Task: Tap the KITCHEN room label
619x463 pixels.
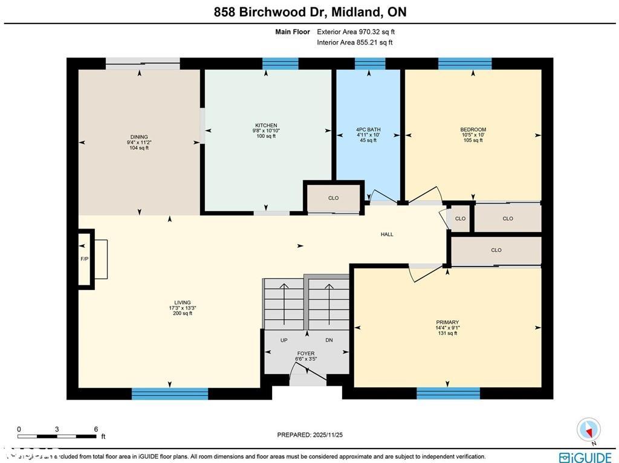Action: click(266, 125)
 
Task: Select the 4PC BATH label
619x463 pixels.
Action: click(368, 129)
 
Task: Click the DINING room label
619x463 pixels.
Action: click(138, 137)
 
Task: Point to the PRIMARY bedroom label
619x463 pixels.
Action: click(447, 322)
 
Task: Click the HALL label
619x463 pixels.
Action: click(387, 234)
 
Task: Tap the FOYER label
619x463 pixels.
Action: click(305, 354)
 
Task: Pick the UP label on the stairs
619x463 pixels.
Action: click(284, 340)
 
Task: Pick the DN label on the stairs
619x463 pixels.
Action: click(329, 340)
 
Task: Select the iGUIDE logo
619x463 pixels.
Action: click(585, 457)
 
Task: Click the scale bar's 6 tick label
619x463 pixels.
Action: click(96, 429)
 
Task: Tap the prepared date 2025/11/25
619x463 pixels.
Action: click(309, 435)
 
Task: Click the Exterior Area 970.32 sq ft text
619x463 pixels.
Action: click(355, 31)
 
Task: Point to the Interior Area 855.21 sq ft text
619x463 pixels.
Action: click(354, 42)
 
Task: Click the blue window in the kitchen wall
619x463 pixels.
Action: click(280, 63)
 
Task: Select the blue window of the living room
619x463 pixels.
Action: click(170, 393)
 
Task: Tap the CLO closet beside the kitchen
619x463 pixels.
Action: click(333, 198)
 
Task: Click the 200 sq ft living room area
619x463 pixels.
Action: click(183, 313)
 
